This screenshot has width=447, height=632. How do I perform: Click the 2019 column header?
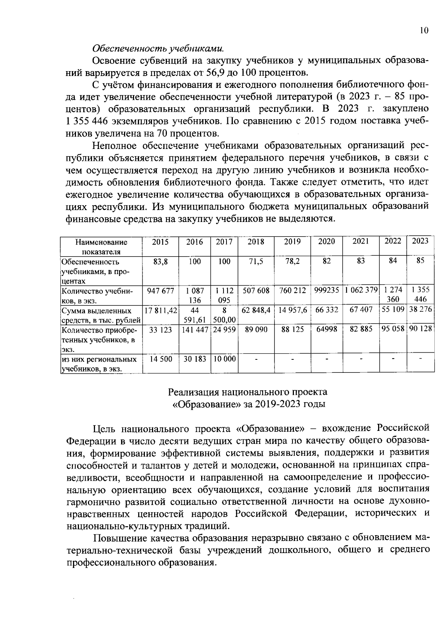click(292, 242)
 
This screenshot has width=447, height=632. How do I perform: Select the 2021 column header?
click(361, 241)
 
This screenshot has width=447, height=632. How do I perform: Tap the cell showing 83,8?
click(161, 261)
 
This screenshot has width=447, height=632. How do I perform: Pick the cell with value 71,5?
click(256, 261)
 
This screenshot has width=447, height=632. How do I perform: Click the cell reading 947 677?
click(161, 290)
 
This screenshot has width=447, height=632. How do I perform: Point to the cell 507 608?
click(256, 290)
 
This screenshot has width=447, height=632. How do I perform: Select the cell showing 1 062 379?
click(361, 290)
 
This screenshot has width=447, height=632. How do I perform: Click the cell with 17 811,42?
click(161, 310)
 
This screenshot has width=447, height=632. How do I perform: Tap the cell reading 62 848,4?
click(256, 310)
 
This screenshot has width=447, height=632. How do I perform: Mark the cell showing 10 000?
click(224, 359)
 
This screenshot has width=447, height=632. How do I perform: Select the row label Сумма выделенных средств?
click(101, 315)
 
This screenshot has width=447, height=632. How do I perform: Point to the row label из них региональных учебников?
click(99, 364)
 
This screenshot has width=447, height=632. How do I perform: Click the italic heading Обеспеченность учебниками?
click(158, 48)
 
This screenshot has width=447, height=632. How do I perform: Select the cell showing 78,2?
click(292, 261)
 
